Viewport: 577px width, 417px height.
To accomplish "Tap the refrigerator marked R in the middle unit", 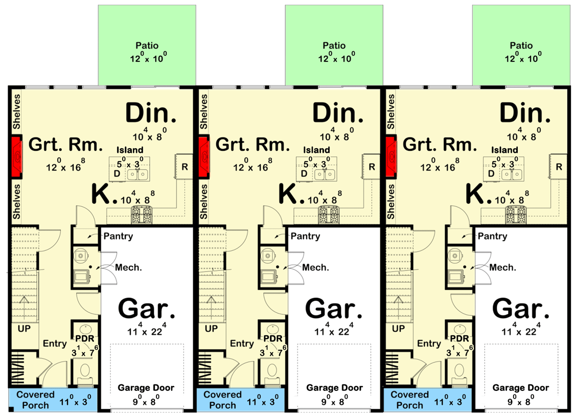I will point(372,167).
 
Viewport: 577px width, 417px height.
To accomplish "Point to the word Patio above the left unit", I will point(146,45).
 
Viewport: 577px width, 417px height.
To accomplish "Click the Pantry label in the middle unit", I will point(305,236).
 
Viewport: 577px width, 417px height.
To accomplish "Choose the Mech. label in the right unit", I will point(502,267).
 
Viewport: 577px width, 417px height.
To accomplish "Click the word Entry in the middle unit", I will point(242,344).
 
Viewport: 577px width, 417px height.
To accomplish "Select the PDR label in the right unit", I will point(459,339).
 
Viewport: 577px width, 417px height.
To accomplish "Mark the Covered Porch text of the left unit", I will point(35,400).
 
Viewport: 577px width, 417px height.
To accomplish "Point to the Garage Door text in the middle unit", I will point(334,388).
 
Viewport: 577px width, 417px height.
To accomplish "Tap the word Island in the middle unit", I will point(317,150).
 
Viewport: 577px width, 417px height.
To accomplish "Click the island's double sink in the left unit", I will point(137,174).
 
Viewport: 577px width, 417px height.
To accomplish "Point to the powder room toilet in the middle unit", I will point(272,371).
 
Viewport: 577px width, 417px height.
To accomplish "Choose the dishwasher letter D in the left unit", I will point(117,173).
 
